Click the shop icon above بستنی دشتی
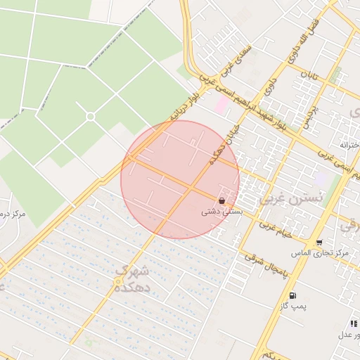[x=222, y=201]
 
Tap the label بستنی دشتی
[x=222, y=211]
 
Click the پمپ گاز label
[x=291, y=306]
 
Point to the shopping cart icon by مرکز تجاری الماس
[x=319, y=242]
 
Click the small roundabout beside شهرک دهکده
[x=118, y=282]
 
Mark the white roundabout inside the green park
[x=90, y=116]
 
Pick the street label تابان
[x=309, y=74]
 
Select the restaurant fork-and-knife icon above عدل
[x=353, y=323]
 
